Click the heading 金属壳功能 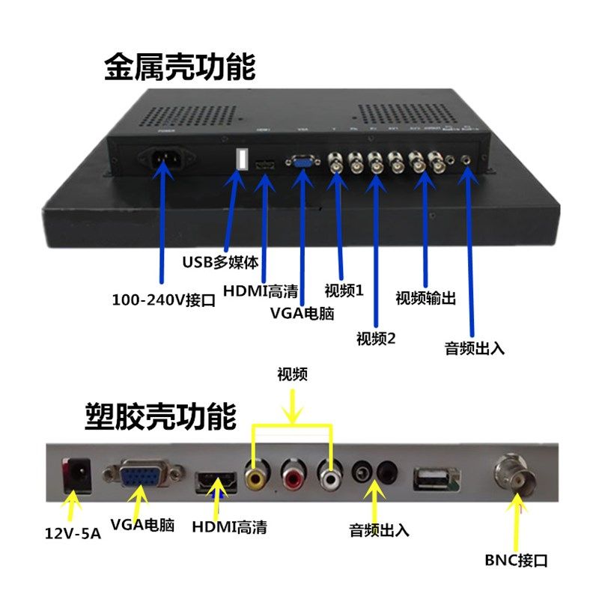click(x=180, y=67)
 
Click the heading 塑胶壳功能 click(x=160, y=416)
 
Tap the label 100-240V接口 click(x=163, y=300)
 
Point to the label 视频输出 click(x=425, y=297)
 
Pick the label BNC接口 click(x=517, y=559)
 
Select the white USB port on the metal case click(x=242, y=159)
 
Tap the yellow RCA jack click(x=256, y=473)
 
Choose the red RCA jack click(x=293, y=473)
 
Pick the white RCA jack click(x=329, y=473)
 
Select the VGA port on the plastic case click(x=142, y=473)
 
